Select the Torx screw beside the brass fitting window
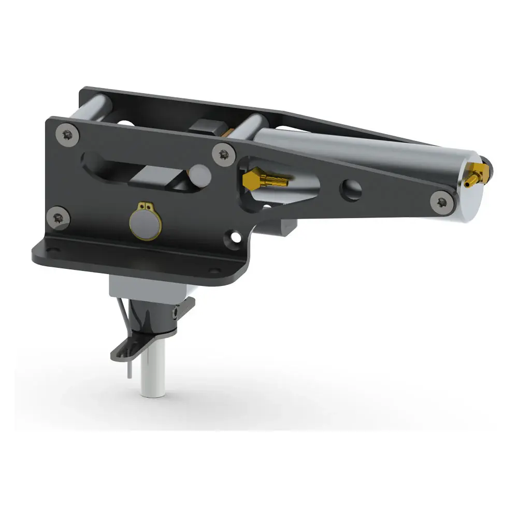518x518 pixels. [224, 154]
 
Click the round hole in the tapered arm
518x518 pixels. [351, 189]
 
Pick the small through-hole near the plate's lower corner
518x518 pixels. [232, 239]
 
